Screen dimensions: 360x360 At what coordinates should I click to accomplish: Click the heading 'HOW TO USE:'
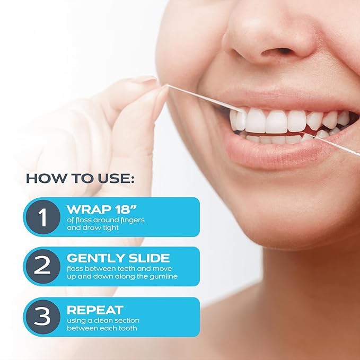80,178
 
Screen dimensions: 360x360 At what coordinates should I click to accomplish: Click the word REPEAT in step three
95,309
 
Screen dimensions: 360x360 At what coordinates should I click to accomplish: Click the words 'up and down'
85,277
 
